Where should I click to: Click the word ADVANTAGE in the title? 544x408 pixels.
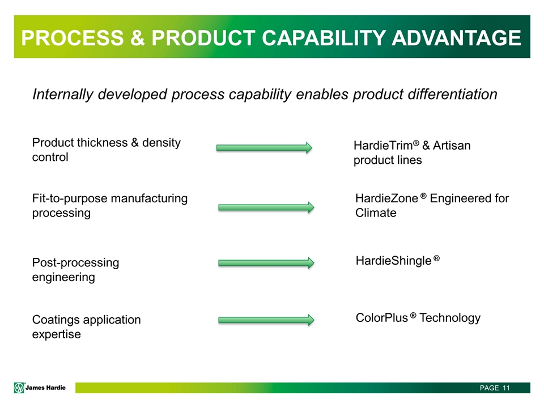pyautogui.click(x=457, y=37)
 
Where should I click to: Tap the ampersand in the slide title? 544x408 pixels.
pyautogui.click(x=138, y=37)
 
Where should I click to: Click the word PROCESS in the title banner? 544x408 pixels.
pyautogui.click(x=73, y=37)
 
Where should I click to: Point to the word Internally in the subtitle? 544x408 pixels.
pyautogui.click(x=63, y=95)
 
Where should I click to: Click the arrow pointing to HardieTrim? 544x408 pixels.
pyautogui.click(x=265, y=148)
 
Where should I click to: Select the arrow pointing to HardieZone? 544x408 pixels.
pyautogui.click(x=266, y=207)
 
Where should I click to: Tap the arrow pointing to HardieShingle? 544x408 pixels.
pyautogui.click(x=266, y=263)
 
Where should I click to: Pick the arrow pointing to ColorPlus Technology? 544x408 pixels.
pyautogui.click(x=266, y=320)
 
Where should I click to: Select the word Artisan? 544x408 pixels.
pyautogui.click(x=452, y=146)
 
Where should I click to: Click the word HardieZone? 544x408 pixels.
pyautogui.click(x=387, y=198)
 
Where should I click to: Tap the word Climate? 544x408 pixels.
pyautogui.click(x=376, y=212)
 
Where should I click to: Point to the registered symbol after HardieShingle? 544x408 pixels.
pyautogui.click(x=436, y=258)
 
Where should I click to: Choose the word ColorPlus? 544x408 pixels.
pyautogui.click(x=382, y=317)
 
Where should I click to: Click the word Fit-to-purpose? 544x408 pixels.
pyautogui.click(x=70, y=198)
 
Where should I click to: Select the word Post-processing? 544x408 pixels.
pyautogui.click(x=75, y=262)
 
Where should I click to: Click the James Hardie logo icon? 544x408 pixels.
pyautogui.click(x=19, y=388)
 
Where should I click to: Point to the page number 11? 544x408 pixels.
pyautogui.click(x=506, y=388)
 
